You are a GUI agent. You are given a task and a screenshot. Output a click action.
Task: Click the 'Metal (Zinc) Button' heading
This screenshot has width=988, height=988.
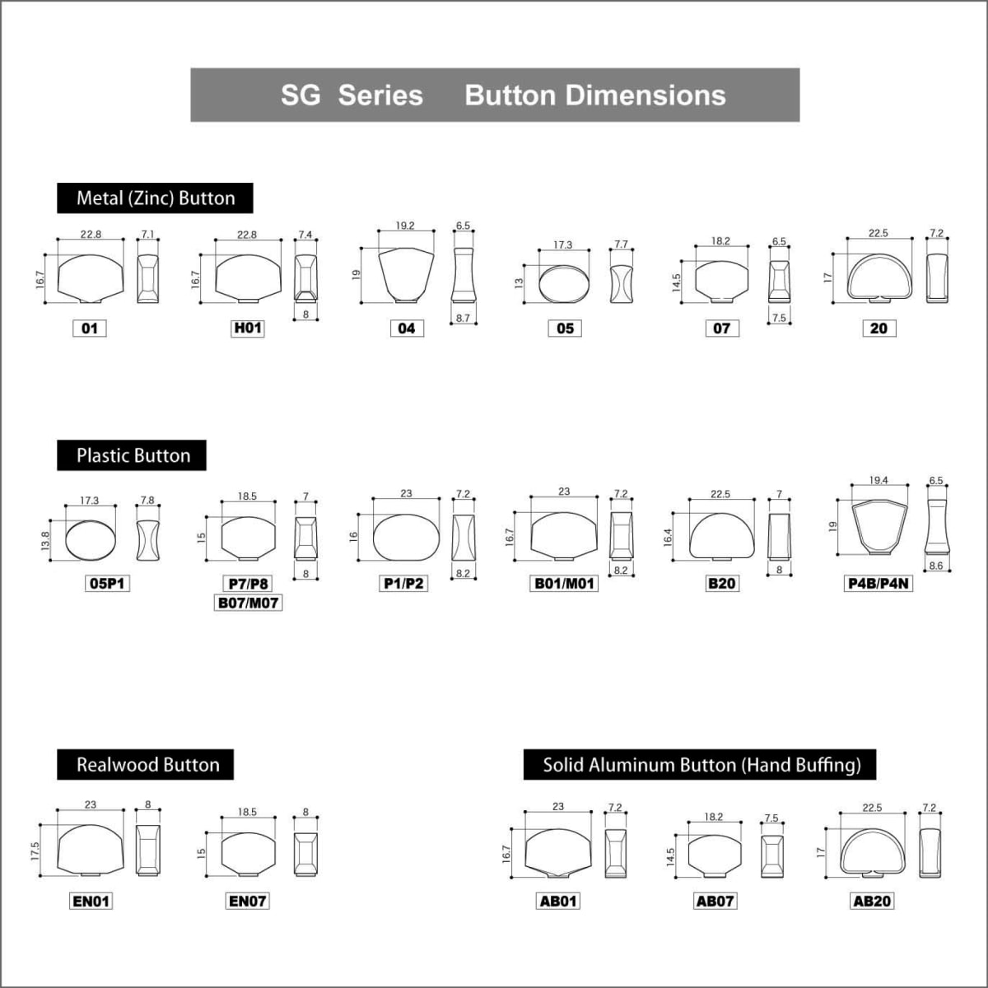tap(155, 198)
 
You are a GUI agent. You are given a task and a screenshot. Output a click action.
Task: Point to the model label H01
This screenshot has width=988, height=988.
tap(248, 329)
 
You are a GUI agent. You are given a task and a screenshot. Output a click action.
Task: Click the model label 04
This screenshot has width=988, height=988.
tap(407, 329)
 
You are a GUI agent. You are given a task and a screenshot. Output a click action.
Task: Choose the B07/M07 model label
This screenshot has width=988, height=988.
tap(248, 603)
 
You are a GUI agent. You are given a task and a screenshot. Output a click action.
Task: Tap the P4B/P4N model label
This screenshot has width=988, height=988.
tap(878, 584)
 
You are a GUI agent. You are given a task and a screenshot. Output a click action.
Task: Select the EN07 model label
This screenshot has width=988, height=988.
tap(247, 901)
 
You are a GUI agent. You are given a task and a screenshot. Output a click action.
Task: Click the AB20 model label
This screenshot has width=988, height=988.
tap(872, 901)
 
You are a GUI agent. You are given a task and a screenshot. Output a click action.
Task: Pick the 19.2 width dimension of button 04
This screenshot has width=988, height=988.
tap(405, 226)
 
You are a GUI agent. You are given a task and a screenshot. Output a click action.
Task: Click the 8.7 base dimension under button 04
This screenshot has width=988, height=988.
tap(463, 318)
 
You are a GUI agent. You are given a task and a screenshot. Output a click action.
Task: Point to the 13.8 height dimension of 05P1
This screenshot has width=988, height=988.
tap(45, 541)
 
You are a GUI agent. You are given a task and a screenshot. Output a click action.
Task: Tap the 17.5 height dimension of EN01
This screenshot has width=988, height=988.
tap(35, 851)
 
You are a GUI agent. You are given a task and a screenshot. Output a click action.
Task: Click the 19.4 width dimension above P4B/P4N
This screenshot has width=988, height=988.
tap(878, 480)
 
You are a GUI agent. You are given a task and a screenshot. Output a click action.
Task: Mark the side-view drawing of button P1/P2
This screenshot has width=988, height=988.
tap(463, 538)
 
